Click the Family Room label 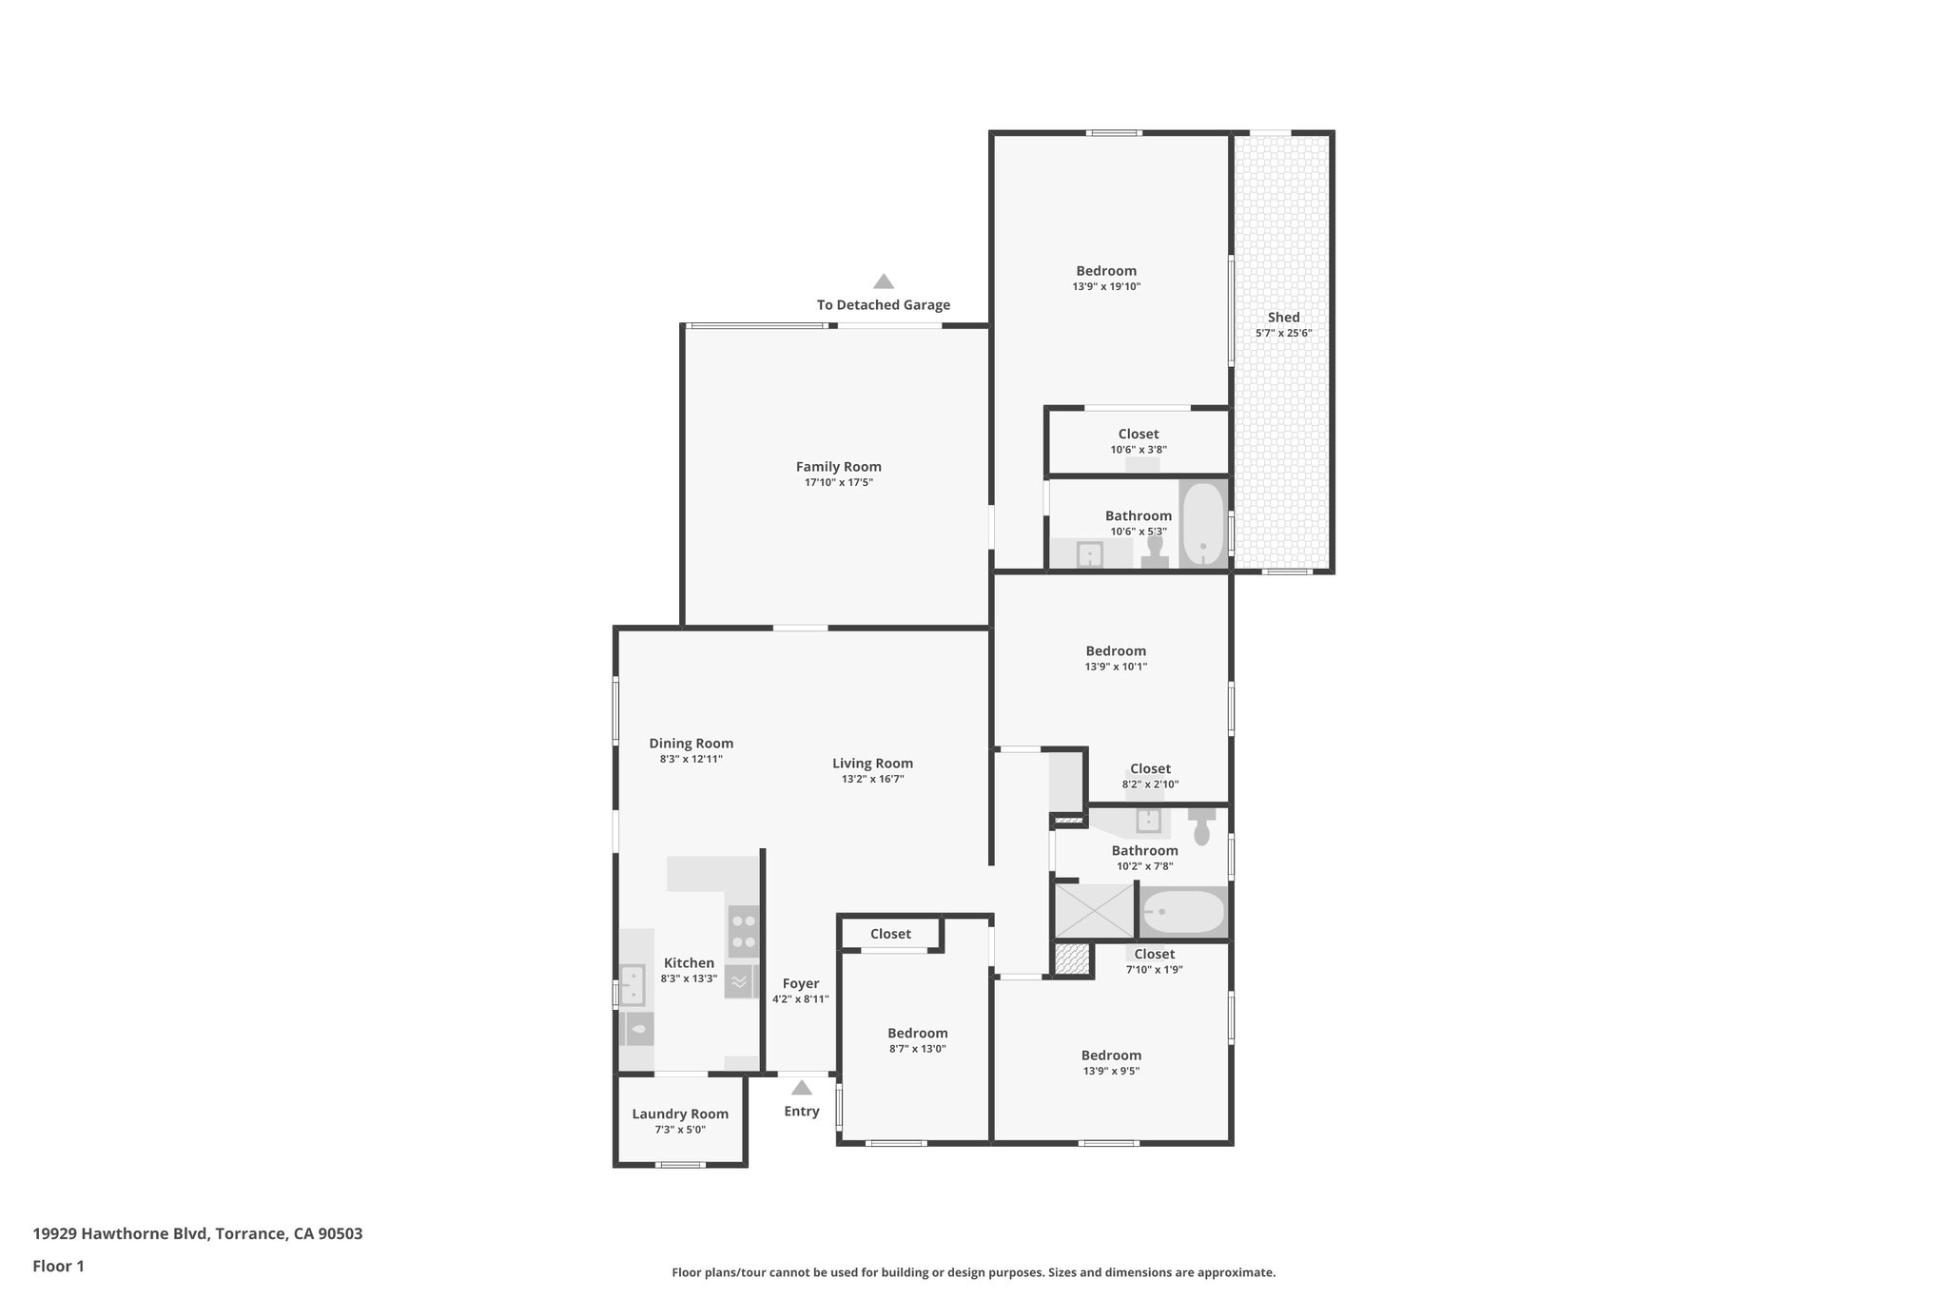coord(838,467)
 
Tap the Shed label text coord(1283,318)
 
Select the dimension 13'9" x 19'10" coord(1106,286)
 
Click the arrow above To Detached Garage coord(884,281)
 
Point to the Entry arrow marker coord(802,1088)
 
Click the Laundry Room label coord(680,1114)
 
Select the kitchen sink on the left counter coord(633,985)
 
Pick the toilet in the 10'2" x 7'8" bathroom coord(1201,827)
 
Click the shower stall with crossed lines coord(1095,911)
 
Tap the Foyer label coord(800,984)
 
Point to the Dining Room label coord(692,744)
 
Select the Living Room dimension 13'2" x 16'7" coord(872,779)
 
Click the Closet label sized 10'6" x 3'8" coord(1138,435)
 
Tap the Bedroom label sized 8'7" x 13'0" coord(917,1034)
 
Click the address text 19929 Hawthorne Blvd coord(119,1234)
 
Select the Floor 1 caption coord(58,1267)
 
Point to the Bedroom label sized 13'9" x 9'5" coord(1111,1056)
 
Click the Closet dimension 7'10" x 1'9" coord(1154,970)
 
